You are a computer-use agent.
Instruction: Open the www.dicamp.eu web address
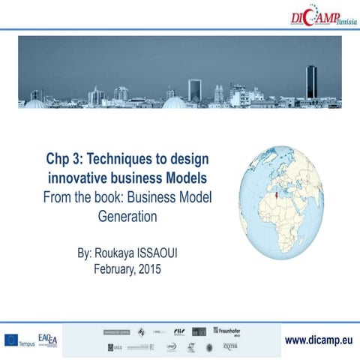coord(318,339)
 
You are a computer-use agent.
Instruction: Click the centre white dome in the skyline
coord(174,101)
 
